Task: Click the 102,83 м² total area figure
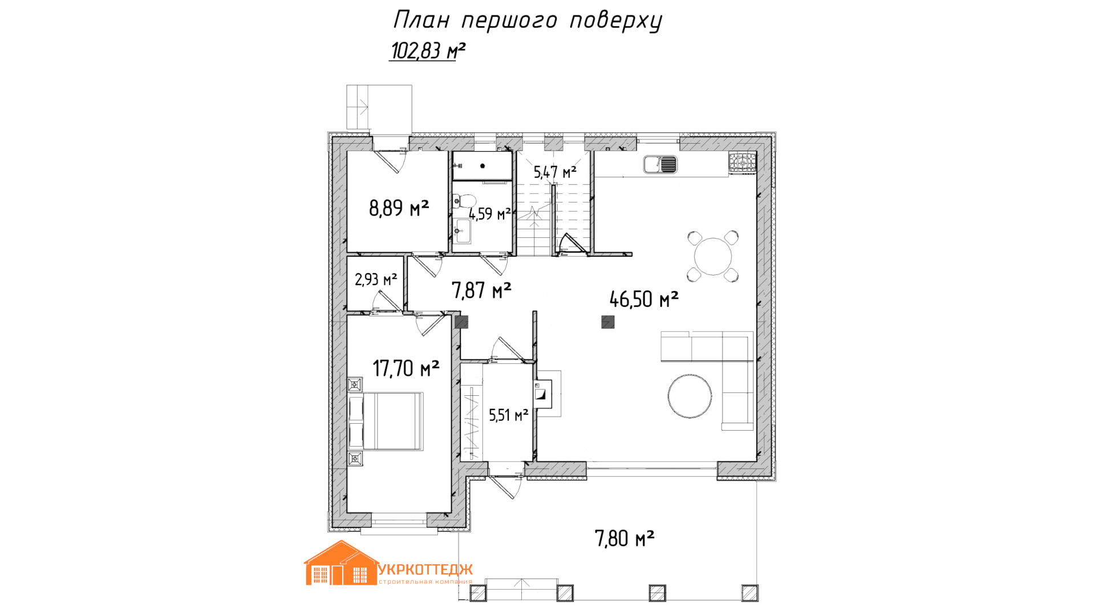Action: [x=428, y=51]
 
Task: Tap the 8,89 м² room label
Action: [x=399, y=208]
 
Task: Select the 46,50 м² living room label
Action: [x=644, y=299]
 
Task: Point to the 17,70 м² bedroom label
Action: [x=406, y=368]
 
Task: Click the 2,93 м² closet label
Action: [x=376, y=279]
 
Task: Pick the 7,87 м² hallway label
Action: [x=481, y=290]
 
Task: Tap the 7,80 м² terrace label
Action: [x=624, y=538]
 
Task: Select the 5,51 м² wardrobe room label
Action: [x=509, y=415]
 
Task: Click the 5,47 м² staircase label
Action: [x=555, y=172]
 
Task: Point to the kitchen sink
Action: [x=660, y=165]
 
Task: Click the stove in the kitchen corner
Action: [x=743, y=163]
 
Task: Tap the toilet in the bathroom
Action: [x=464, y=201]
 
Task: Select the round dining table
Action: [x=713, y=257]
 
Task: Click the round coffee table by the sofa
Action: [x=690, y=396]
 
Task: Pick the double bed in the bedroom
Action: [x=386, y=421]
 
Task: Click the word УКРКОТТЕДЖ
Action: [x=425, y=570]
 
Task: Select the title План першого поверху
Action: [x=528, y=21]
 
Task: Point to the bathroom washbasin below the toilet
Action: [x=463, y=231]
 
